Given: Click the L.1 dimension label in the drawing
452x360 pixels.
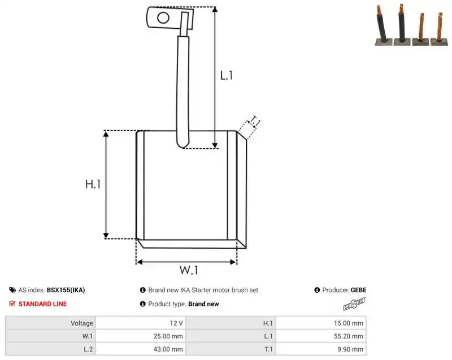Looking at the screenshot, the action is click(x=227, y=76).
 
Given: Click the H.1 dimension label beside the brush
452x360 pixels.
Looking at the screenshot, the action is click(x=93, y=184).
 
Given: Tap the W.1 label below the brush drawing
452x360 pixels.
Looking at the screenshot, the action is click(x=189, y=270).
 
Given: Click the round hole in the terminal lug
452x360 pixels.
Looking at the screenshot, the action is click(x=163, y=18).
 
